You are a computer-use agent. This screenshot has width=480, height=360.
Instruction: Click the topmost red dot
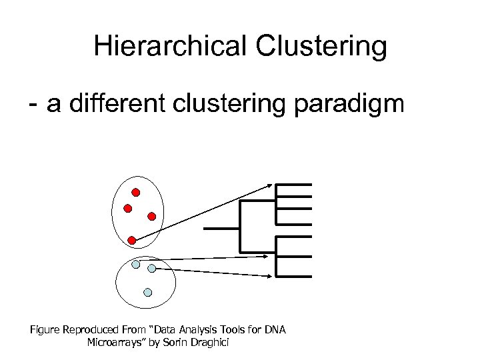pyautogui.click(x=135, y=193)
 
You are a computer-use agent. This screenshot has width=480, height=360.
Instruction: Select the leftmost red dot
pyautogui.click(x=128, y=208)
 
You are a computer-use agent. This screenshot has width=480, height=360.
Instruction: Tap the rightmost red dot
pyautogui.click(x=152, y=216)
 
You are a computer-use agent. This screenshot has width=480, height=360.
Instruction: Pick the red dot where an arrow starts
pyautogui.click(x=132, y=239)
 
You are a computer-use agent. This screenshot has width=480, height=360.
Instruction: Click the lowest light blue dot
pyautogui.click(x=148, y=291)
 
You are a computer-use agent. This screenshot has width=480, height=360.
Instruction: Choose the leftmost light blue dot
pyautogui.click(x=136, y=264)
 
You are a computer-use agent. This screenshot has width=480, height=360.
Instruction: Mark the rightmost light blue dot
pyautogui.click(x=152, y=268)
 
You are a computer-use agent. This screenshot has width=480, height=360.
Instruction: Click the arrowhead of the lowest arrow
pyautogui.click(x=269, y=275)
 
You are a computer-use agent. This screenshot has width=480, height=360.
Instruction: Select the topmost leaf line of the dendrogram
pyautogui.click(x=293, y=184)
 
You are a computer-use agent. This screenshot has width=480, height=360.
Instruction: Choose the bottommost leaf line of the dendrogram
pyautogui.click(x=293, y=276)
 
